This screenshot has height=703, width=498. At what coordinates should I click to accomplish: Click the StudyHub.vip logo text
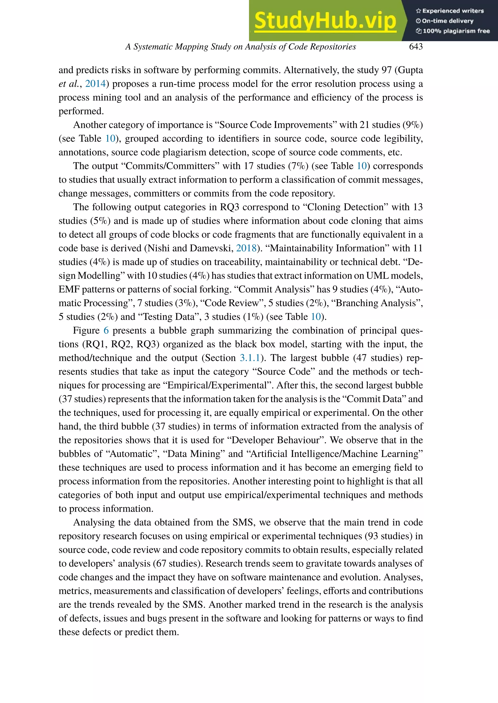point(325,21)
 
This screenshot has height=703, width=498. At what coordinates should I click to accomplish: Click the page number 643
point(416,47)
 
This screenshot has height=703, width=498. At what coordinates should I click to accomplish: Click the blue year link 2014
point(95,84)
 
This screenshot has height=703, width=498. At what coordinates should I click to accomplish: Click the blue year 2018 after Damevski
point(246,248)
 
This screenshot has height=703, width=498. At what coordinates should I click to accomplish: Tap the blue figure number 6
point(106,331)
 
